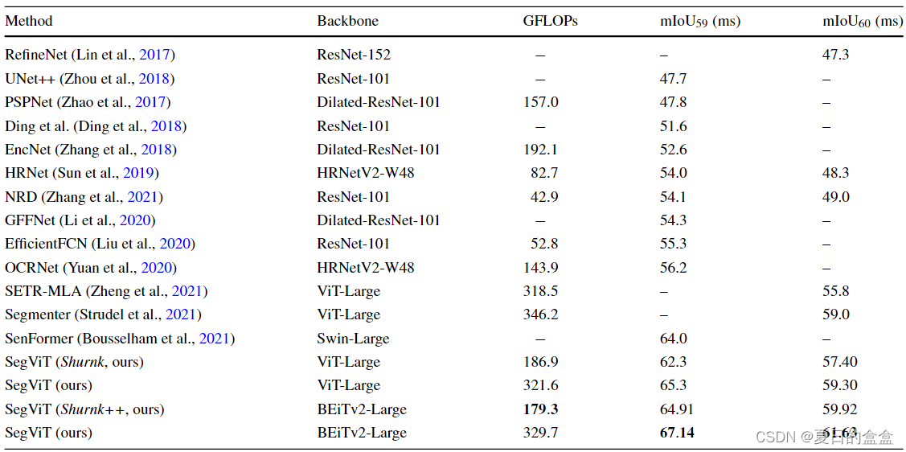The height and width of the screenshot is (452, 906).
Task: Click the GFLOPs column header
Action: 550,22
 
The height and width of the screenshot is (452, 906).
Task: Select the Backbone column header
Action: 347,22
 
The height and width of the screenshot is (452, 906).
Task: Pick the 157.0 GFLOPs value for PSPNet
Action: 540,102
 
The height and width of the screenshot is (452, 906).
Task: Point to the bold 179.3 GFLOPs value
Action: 540,409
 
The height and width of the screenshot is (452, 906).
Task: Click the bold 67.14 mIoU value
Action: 677,433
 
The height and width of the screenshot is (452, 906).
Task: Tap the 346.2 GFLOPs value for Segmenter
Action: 540,314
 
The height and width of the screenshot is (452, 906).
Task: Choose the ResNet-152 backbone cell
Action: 354,55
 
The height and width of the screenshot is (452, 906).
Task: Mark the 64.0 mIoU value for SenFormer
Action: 673,339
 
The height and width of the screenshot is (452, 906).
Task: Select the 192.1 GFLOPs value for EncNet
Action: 540,150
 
